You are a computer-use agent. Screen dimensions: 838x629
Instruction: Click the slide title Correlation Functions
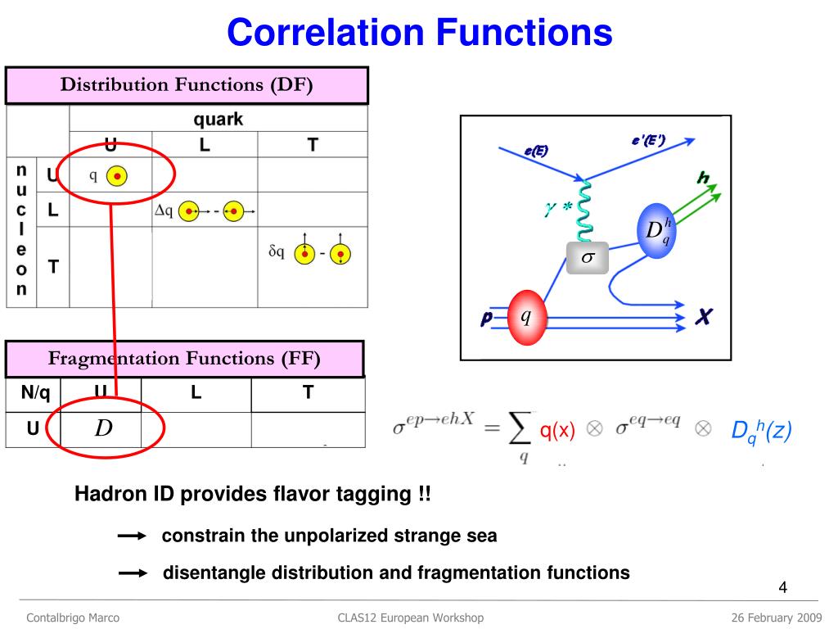(419, 33)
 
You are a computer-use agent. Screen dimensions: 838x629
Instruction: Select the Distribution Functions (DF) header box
(187, 85)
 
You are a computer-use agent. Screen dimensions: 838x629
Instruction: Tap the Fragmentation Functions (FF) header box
(184, 358)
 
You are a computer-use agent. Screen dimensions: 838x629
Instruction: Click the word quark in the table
(218, 120)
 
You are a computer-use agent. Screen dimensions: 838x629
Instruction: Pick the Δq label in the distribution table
(164, 210)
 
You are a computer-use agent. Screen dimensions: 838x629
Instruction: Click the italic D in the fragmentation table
(103, 428)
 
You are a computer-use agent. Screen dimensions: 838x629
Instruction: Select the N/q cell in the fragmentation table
(35, 392)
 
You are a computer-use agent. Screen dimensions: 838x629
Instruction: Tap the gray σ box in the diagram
(588, 258)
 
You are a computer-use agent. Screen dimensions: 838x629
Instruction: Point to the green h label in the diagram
(702, 178)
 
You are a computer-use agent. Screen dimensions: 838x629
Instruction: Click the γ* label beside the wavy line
(558, 209)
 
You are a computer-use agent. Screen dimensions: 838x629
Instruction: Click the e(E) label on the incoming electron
(536, 150)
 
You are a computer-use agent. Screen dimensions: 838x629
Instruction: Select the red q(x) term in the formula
(557, 432)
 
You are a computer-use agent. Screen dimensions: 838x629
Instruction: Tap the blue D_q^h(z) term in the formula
(761, 432)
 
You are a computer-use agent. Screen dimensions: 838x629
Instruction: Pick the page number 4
(782, 588)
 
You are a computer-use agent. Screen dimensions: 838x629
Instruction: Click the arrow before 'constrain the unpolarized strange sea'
(132, 536)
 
